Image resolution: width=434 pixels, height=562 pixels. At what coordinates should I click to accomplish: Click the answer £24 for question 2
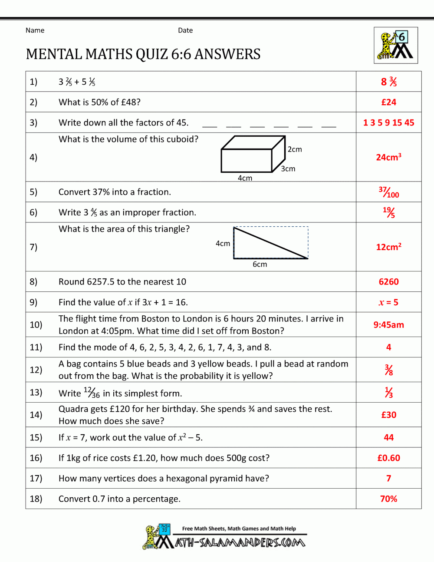tap(388, 102)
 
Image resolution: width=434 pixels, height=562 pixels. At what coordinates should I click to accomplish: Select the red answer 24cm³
tap(388, 157)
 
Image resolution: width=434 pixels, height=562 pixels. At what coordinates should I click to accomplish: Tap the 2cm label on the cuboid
tap(295, 149)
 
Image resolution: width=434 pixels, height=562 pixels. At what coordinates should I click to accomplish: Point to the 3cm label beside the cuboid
tap(288, 169)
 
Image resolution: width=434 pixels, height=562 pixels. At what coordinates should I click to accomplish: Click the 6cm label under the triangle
tap(260, 264)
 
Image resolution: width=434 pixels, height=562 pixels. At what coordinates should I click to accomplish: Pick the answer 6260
tap(388, 281)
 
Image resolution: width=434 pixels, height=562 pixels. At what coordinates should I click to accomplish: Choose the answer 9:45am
tap(388, 324)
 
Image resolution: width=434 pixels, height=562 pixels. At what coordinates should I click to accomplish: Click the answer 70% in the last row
tap(388, 499)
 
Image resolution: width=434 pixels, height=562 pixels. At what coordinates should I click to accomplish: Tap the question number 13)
tap(36, 392)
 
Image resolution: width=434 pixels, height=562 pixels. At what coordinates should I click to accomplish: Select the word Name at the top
tap(35, 30)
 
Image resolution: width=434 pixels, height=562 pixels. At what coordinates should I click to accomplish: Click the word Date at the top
tap(185, 30)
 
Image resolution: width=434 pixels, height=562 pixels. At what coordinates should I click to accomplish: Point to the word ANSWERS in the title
tap(227, 54)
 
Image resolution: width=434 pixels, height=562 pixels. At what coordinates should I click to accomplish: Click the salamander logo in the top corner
tap(396, 46)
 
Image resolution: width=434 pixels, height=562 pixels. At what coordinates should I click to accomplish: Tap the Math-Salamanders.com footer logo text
tap(240, 542)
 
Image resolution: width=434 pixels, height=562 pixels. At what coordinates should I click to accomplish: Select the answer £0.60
tap(388, 458)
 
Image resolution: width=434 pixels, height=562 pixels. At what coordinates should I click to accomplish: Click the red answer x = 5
tap(388, 302)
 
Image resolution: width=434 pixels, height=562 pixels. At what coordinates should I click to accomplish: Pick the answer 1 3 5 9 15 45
tap(388, 122)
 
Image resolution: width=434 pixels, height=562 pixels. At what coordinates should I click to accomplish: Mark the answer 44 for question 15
tap(388, 437)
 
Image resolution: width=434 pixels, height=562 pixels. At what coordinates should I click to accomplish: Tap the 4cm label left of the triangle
tap(223, 244)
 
